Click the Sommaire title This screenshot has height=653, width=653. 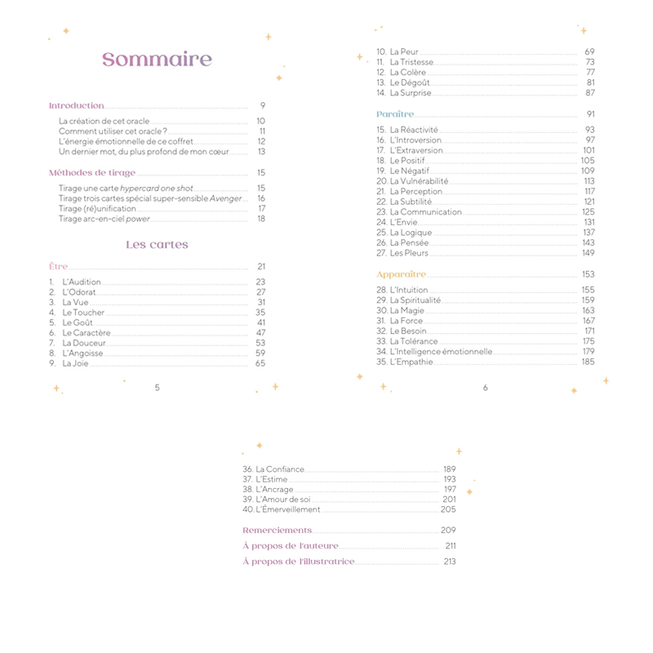point(157,60)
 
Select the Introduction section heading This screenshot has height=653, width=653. point(77,105)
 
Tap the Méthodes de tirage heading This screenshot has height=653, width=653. point(92,173)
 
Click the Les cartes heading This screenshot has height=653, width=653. point(157,245)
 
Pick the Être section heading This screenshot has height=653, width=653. point(58,267)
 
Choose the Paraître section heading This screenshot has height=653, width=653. point(395,114)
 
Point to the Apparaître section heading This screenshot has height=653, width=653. point(401,274)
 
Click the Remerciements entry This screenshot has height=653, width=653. point(277,531)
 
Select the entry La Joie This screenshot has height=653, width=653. point(75,363)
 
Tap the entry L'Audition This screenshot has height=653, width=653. point(82,282)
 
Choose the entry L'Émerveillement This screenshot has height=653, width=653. point(287,510)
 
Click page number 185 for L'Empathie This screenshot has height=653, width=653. point(588,362)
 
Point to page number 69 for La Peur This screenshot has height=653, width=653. point(589,52)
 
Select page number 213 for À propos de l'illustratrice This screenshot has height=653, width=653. point(449,562)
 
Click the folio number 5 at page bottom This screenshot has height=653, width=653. point(157,388)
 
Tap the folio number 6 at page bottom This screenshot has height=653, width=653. point(485,388)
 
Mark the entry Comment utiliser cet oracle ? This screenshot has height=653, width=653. point(113,131)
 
